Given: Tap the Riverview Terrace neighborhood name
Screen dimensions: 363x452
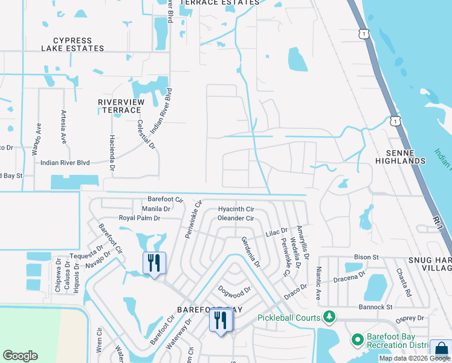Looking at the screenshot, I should point(121,106).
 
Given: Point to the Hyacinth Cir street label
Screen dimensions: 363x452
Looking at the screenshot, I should point(236,209).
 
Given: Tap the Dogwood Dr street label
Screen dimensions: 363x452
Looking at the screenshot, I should point(234,292).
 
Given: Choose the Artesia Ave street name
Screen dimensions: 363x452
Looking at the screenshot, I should point(63,126).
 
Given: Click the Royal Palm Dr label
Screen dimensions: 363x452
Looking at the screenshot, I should point(139,218).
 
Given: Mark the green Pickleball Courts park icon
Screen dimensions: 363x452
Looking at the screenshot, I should point(329,316).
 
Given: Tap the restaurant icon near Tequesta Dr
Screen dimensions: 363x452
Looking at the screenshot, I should point(154,263).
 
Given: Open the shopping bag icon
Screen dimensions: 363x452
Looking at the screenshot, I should point(442,350).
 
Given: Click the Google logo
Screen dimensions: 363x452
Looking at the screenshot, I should point(20,356).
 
